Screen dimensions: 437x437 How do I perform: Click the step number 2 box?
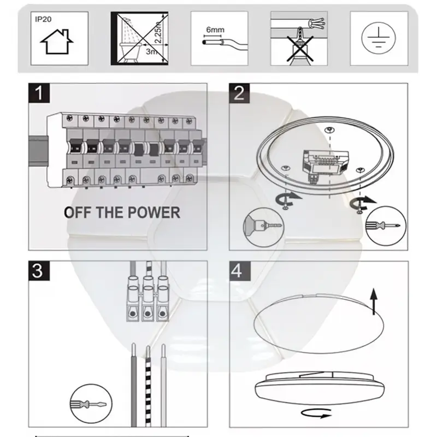pyautogui.click(x=239, y=93)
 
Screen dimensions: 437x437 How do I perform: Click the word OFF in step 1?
pyautogui.click(x=78, y=212)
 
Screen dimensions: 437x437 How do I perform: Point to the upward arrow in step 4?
pyautogui.click(x=374, y=300)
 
